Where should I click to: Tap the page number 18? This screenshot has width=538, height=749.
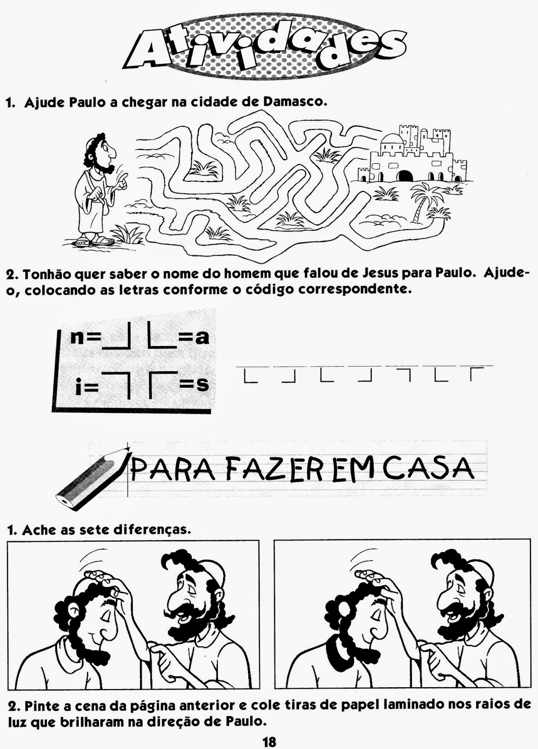pos(269,740)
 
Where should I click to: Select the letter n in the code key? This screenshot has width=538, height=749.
pos(77,338)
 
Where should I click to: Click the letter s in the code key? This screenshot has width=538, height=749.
pos(202,385)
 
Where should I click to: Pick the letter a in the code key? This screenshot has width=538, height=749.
pos(202,338)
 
